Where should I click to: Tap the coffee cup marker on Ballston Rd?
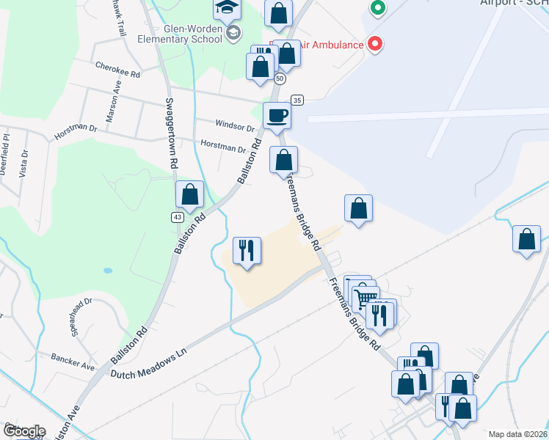point(276,115)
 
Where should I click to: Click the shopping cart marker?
point(365,298)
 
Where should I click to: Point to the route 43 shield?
point(178,217)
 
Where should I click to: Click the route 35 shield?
point(297,100)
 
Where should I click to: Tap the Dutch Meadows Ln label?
point(149,364)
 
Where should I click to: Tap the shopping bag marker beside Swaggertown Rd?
point(190,195)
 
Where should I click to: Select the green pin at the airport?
point(377,9)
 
